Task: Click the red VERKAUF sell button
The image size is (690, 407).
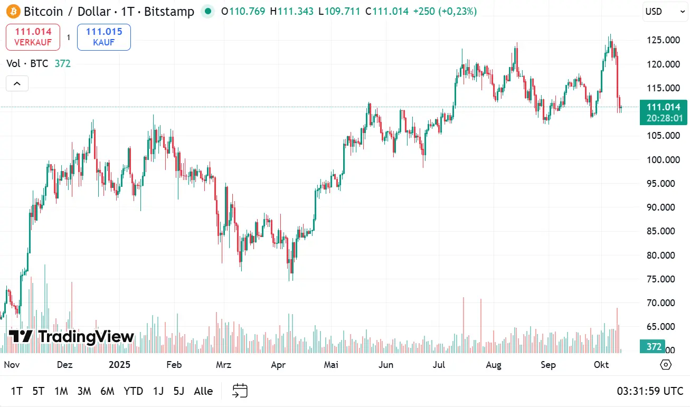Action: pos(33,37)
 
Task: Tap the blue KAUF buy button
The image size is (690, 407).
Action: pos(103,37)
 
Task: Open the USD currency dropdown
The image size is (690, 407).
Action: pos(665,12)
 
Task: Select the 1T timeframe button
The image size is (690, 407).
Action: pos(16,391)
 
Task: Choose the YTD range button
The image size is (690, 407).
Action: pos(133,391)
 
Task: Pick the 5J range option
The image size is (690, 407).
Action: pos(179,391)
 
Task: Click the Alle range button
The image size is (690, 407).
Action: pos(203,391)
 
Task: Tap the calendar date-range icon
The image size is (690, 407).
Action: pos(240,391)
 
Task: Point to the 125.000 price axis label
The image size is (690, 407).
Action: pos(663,40)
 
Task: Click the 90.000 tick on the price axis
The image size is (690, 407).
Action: pos(663,207)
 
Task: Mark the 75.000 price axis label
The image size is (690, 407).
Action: pos(663,279)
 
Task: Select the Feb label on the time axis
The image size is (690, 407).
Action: pos(174,365)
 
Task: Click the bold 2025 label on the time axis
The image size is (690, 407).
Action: pos(119,365)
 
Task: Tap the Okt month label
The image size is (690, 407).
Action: pos(601,365)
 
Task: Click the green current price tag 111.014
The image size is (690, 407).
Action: pos(664,108)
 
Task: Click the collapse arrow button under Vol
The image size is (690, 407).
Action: pos(17,83)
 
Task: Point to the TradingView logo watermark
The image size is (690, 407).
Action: pos(71,336)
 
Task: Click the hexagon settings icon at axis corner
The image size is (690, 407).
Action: pos(666,365)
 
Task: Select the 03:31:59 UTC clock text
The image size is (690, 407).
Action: pos(650,391)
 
